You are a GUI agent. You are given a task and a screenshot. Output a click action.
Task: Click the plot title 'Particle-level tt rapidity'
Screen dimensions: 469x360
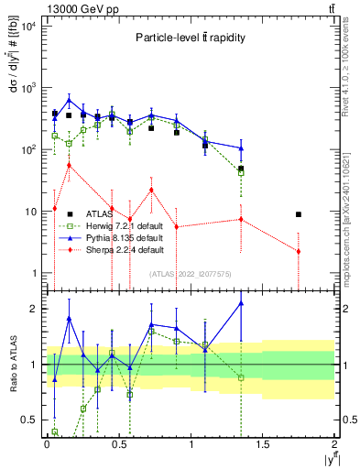coord(189,38)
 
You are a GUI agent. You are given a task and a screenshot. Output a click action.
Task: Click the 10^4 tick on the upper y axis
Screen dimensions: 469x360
coord(28,26)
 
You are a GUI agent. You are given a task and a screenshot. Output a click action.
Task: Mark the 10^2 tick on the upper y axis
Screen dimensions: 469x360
coord(28,149)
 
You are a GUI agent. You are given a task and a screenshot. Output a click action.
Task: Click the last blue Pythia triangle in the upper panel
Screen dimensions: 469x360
coord(241,147)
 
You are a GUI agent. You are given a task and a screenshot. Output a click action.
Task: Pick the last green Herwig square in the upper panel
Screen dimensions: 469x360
coord(241,171)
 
